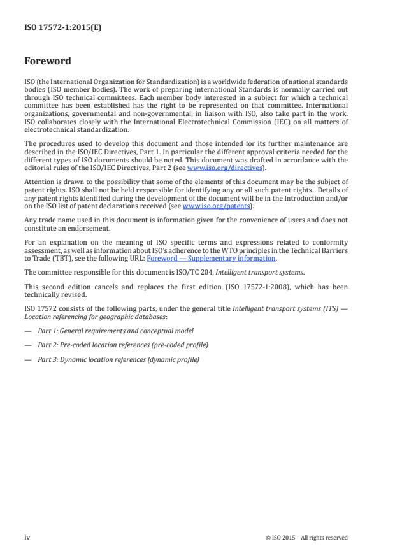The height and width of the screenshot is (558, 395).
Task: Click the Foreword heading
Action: point(48,62)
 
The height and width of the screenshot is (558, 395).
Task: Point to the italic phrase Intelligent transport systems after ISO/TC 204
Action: point(258,272)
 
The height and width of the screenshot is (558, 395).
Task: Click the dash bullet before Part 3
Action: point(28,359)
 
